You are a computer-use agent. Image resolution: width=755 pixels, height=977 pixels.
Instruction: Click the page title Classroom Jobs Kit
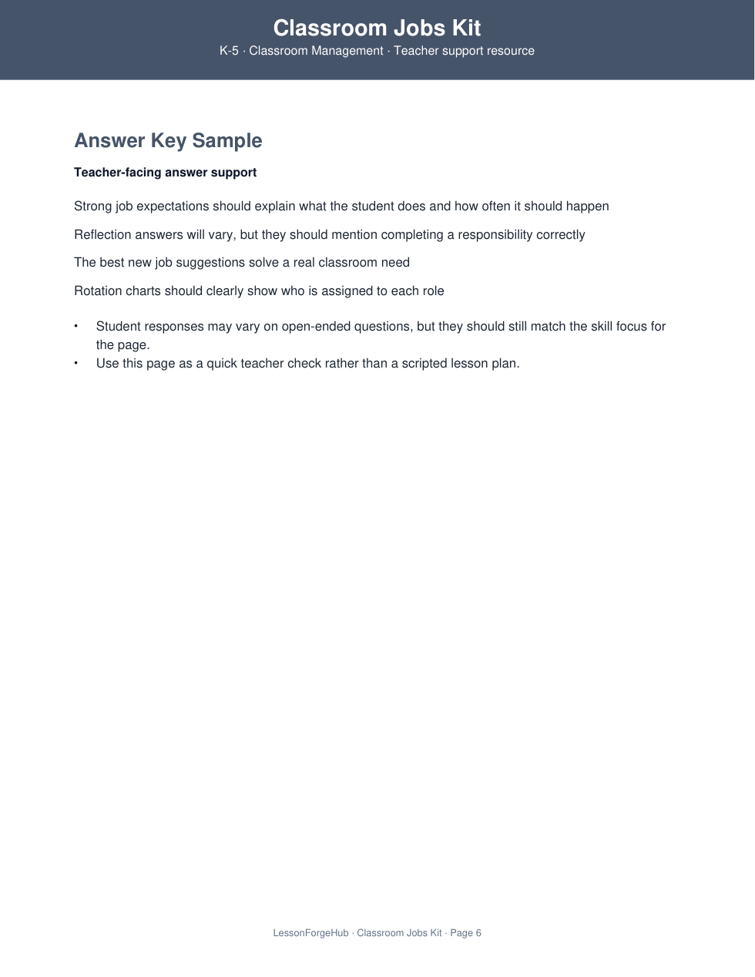pos(377,29)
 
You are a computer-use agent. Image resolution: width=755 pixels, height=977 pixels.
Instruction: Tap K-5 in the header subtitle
pos(229,51)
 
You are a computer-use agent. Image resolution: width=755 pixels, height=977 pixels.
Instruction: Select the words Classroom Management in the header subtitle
pos(316,51)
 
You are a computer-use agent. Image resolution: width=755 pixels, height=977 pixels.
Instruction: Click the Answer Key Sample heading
pos(168,140)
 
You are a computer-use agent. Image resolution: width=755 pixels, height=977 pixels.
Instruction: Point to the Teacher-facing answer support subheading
pos(165,173)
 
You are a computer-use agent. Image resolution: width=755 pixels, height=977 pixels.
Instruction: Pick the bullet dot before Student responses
pos(76,326)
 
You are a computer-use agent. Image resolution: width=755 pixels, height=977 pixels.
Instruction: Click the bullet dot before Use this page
pos(76,363)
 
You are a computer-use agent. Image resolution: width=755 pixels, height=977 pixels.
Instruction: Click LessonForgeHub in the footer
pos(310,933)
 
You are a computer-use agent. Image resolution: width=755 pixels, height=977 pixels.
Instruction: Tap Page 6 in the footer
pos(465,933)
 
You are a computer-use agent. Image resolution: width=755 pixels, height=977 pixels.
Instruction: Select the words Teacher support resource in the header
pos(464,51)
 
